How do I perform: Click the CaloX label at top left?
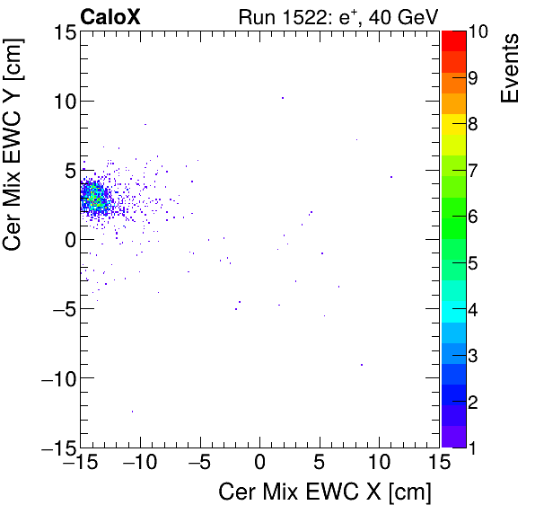click(110, 16)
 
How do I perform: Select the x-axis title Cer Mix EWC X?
click(325, 492)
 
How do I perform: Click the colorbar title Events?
click(509, 67)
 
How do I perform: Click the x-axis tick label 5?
click(320, 464)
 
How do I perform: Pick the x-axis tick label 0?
click(259, 464)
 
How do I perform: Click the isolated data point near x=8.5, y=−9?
click(362, 364)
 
